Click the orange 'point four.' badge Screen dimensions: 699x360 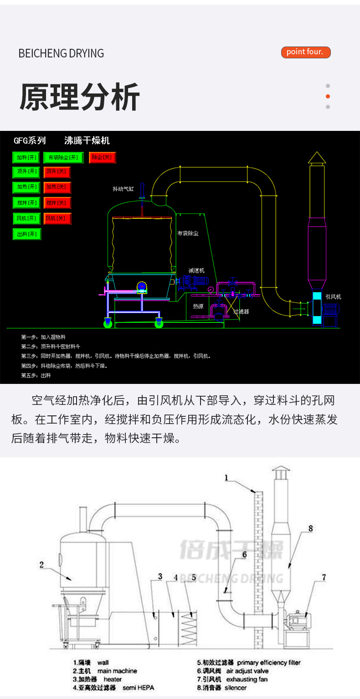click(x=305, y=52)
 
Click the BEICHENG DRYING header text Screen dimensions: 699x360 click(x=61, y=53)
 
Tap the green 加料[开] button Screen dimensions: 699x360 click(x=26, y=158)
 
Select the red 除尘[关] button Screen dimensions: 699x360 click(x=102, y=158)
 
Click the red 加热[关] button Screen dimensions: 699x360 click(x=57, y=187)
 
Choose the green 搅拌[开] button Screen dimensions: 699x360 click(x=26, y=203)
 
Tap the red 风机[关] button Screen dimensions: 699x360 click(x=57, y=219)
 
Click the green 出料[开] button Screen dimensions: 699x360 click(x=26, y=234)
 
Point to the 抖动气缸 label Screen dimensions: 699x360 click(x=123, y=189)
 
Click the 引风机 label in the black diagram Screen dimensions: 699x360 click(x=333, y=296)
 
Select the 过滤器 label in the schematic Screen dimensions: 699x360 click(x=241, y=311)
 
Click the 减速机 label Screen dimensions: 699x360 click(x=196, y=270)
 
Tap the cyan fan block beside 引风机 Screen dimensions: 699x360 click(x=317, y=309)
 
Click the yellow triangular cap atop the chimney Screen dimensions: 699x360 click(x=317, y=158)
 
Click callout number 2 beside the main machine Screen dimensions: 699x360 click(x=41, y=564)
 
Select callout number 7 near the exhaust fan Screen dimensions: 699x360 click(x=324, y=577)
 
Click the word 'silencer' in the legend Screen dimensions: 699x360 click(x=236, y=688)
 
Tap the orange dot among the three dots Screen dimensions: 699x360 click(x=328, y=96)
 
